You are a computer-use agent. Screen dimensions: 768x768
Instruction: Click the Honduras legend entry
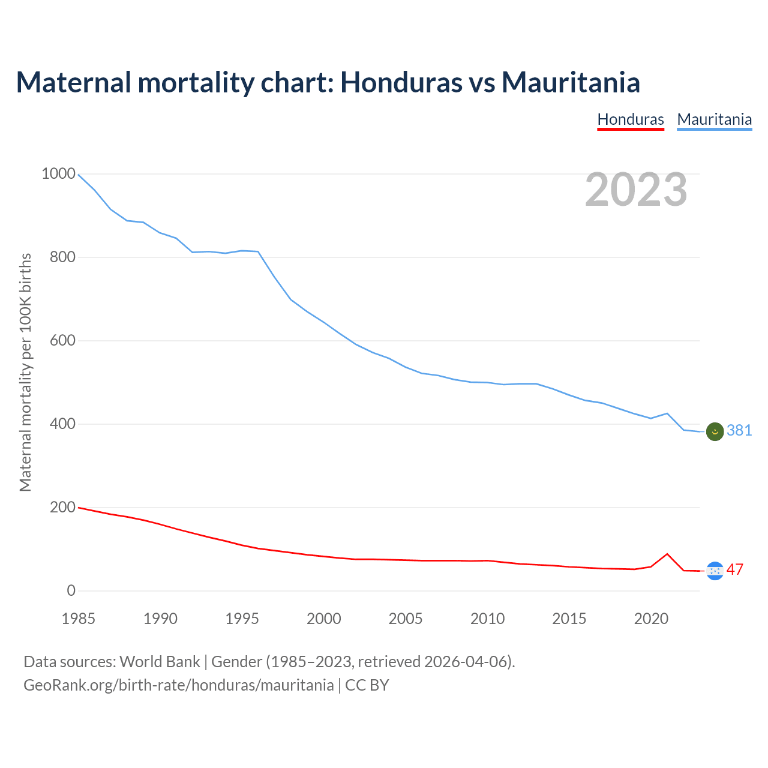coord(631,119)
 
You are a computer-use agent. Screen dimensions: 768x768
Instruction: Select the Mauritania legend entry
coord(714,119)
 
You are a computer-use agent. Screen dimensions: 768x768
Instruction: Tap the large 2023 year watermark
coord(636,190)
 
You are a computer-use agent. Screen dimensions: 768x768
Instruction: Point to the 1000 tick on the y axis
coord(58,174)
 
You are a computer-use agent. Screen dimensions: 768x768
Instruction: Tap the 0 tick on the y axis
coord(71,591)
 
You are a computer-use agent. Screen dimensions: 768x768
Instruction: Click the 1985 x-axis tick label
coord(79,619)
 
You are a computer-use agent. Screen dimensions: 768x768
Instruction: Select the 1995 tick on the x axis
coord(242,619)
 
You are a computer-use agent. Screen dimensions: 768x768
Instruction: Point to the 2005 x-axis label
coord(406,619)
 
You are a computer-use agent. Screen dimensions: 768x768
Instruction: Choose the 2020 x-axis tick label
coord(651,619)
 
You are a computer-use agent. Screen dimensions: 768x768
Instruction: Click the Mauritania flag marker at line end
coord(715,431)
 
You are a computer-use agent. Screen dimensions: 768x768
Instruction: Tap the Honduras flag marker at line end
coord(715,571)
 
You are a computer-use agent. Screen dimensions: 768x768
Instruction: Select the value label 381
coord(739,430)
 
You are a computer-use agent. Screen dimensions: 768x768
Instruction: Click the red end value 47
coord(735,569)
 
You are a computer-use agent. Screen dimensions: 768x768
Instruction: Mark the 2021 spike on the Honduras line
coord(667,554)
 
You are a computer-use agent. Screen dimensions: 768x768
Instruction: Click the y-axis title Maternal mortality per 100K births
coord(25,372)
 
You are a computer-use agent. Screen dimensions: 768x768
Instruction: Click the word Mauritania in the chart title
coord(571,82)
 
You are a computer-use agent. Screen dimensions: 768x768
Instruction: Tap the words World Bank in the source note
coord(160,662)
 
